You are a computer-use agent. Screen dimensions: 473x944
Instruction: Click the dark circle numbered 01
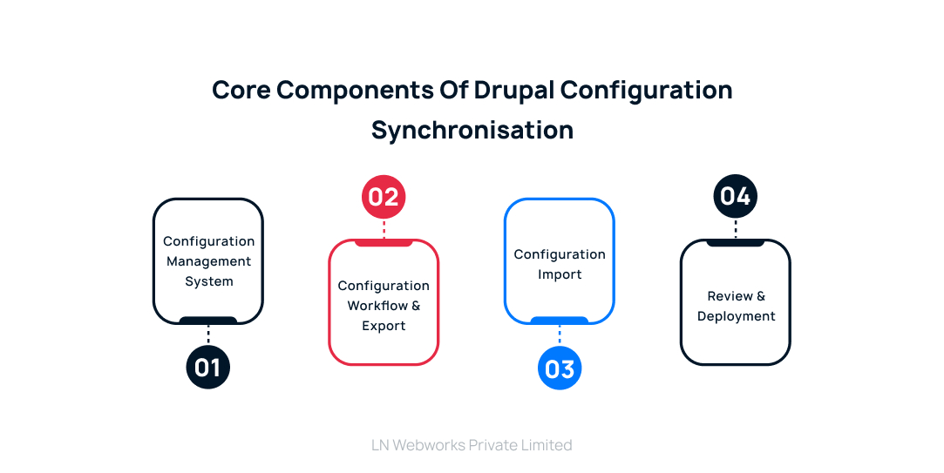coord(208,368)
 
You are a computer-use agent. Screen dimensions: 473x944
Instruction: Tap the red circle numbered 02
coord(384,197)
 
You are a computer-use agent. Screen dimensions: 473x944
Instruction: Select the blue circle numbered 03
coord(560,369)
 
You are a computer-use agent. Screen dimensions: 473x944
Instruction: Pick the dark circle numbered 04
coord(736,197)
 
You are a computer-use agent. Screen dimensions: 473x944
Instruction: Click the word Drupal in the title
coord(513,90)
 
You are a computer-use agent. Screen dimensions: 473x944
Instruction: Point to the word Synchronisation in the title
coord(472,130)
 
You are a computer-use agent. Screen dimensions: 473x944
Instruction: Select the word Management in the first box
coord(208,261)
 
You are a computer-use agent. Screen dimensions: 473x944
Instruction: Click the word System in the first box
coord(208,281)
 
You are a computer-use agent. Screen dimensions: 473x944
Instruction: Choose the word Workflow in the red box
coord(377,306)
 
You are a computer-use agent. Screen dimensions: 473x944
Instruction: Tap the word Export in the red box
coord(384,326)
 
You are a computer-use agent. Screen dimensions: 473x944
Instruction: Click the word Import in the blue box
coord(560,274)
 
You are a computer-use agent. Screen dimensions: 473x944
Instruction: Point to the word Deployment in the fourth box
coord(736,316)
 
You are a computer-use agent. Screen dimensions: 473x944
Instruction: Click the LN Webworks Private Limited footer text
coord(472,445)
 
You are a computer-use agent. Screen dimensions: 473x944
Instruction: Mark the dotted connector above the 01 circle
coord(208,334)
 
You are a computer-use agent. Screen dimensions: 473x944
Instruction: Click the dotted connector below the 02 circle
coord(384,229)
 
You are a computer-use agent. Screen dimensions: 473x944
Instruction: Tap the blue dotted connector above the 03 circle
coord(560,336)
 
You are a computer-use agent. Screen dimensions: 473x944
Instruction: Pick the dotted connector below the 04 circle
coord(736,229)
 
